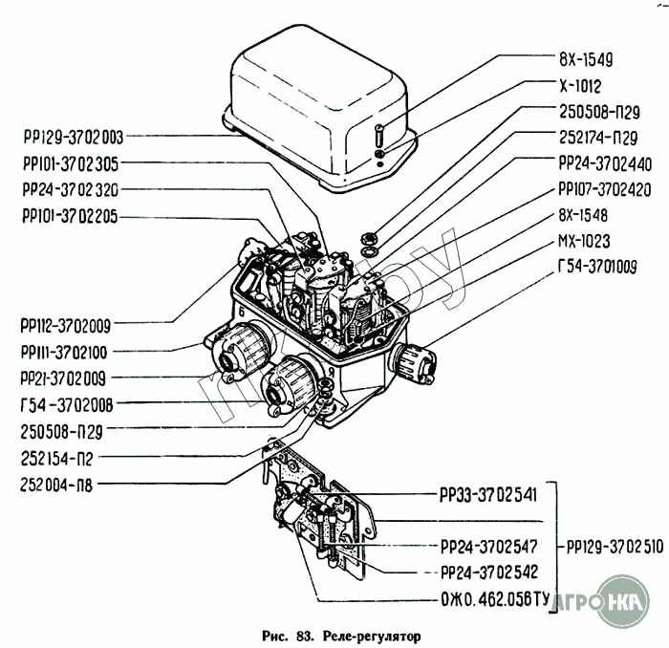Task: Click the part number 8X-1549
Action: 586,59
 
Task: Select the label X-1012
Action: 580,86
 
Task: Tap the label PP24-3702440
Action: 605,163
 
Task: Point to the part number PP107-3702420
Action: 605,189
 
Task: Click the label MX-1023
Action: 584,242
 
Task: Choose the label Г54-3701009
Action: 597,267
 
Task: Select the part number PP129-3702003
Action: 74,138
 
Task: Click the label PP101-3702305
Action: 71,163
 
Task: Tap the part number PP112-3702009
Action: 65,326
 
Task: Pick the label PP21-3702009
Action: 63,378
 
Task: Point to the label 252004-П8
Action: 56,485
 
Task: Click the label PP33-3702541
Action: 488,496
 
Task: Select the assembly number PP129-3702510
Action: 615,547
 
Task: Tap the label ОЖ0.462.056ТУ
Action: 495,600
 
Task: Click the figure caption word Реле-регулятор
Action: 372,637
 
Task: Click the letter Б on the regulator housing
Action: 242,312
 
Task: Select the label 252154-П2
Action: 56,459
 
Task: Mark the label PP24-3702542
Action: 489,572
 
